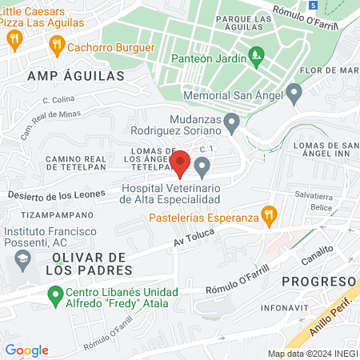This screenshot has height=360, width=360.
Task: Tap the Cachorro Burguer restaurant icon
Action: (56, 46)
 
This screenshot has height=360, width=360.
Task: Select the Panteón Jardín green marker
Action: (256, 55)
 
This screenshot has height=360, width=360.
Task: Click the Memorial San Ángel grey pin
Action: (294, 94)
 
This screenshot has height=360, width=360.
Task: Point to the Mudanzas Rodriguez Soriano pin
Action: (232, 123)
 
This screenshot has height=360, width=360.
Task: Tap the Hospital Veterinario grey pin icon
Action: (202, 167)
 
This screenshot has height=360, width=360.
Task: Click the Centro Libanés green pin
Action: (54, 297)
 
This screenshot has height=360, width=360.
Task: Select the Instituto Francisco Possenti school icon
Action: (22, 260)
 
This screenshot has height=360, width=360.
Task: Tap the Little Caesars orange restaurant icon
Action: (13, 38)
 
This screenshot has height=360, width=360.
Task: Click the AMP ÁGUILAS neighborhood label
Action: (76, 76)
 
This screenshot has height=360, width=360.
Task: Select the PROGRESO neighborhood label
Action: (318, 282)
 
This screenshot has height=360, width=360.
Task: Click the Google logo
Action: (26, 350)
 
